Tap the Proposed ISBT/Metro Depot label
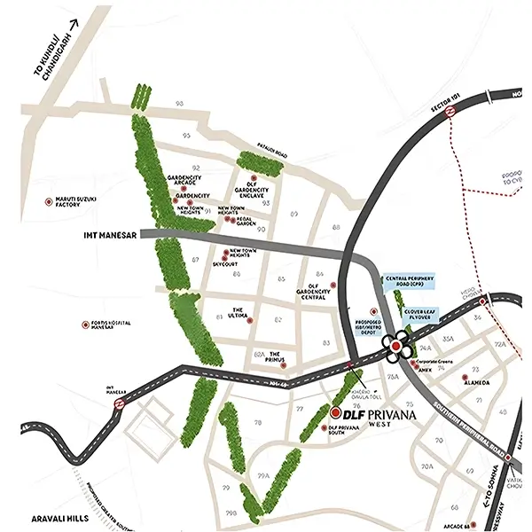[x=365, y=326]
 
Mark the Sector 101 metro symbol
[x=450, y=112]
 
